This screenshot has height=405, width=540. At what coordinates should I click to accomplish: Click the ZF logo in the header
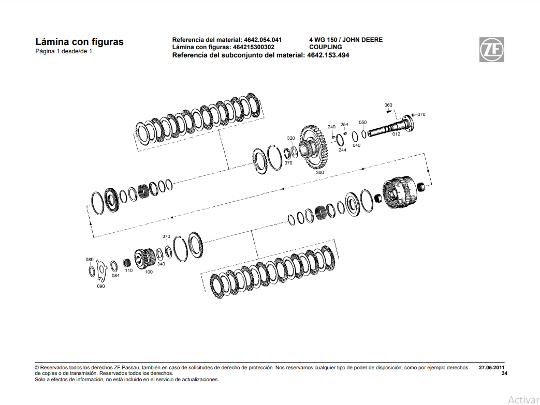tap(491, 50)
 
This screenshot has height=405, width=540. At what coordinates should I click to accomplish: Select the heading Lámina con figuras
tap(79, 42)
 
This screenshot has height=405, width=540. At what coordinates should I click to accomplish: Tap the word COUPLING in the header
tap(325, 47)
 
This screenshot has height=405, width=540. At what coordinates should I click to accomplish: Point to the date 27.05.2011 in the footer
tap(491, 367)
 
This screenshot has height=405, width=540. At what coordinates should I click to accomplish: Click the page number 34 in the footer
tap(504, 373)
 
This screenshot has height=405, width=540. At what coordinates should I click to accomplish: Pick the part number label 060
tap(388, 105)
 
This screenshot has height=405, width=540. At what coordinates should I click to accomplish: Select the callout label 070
tap(421, 114)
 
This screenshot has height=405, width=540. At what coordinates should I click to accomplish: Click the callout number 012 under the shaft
tap(396, 134)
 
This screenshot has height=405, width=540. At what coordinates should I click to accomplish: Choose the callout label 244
tap(342, 150)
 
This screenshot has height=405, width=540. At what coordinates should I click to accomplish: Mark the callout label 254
tap(344, 125)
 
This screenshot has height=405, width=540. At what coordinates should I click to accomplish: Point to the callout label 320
tap(291, 138)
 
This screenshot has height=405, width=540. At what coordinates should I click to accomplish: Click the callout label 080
tap(90, 259)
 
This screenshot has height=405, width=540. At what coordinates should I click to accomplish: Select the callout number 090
tap(101, 286)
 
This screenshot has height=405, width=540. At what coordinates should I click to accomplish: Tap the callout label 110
tap(129, 271)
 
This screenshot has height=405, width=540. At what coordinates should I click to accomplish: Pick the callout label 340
tap(161, 264)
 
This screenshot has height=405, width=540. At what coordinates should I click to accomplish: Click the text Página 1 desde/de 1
tap(64, 52)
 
